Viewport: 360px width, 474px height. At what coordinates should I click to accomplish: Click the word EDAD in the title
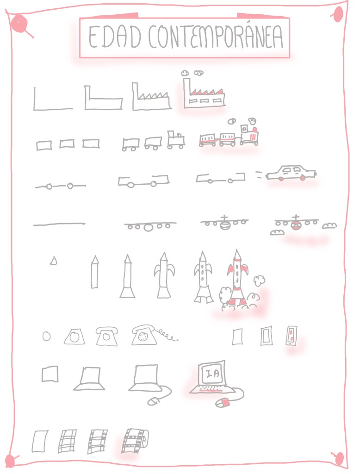pyautogui.click(x=115, y=37)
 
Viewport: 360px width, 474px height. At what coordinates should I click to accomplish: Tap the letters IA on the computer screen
pyautogui.click(x=213, y=374)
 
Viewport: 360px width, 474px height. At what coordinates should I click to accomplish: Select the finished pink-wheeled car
pyautogui.click(x=291, y=173)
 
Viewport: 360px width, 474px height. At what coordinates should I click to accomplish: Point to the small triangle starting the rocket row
pyautogui.click(x=54, y=261)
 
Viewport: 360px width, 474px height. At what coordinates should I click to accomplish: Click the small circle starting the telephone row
pyautogui.click(x=47, y=336)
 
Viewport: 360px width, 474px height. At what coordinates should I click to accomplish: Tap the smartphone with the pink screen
pyautogui.click(x=292, y=336)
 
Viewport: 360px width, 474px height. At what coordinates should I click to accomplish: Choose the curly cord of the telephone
pyautogui.click(x=167, y=335)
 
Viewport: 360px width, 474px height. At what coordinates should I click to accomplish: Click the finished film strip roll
pyautogui.click(x=135, y=441)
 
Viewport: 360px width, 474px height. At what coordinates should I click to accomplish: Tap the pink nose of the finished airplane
pyautogui.click(x=295, y=225)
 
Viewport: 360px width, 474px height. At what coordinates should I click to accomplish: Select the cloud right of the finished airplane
pyautogui.click(x=329, y=225)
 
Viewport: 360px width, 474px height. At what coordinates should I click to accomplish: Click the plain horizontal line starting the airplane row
pyautogui.click(x=59, y=225)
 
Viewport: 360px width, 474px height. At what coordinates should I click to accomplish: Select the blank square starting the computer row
pyautogui.click(x=50, y=374)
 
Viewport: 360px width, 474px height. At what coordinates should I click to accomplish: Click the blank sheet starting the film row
pyautogui.click(x=40, y=441)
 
